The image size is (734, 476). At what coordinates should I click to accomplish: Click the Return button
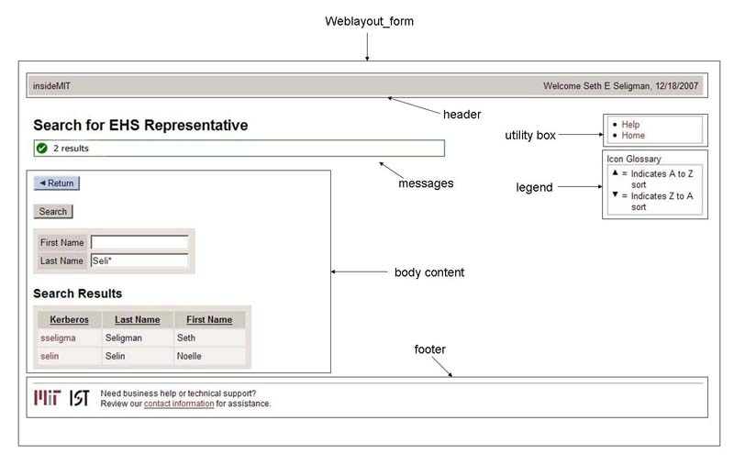[x=57, y=183]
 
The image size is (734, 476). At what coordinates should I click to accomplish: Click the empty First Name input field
[x=139, y=242]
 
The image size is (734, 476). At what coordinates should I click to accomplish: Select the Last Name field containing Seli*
[x=139, y=260]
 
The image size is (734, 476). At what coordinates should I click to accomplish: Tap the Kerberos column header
[x=70, y=319]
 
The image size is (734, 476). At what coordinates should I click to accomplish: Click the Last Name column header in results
[x=137, y=319]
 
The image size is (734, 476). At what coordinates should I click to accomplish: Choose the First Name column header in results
[x=209, y=319]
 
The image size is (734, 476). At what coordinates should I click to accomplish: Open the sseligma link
[x=58, y=338]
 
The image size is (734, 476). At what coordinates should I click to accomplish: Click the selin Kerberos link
[x=50, y=356]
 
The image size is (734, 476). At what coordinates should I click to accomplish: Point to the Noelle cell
[x=189, y=356]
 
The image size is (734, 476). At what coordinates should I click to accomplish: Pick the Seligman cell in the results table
[x=124, y=338]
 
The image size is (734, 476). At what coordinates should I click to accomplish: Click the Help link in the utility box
[x=630, y=124]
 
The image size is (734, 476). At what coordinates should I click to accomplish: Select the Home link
[x=633, y=135]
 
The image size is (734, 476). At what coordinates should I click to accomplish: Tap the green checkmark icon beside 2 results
[x=42, y=149]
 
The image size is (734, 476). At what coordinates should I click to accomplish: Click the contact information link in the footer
[x=179, y=404]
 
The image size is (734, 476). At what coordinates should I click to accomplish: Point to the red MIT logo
[x=48, y=398]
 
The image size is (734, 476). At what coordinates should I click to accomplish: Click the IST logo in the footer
[x=79, y=398]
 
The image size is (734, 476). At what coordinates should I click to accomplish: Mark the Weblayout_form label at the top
[x=370, y=21]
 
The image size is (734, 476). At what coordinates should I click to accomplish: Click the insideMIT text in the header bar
[x=51, y=85]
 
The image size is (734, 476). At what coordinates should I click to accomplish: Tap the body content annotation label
[x=429, y=272]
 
